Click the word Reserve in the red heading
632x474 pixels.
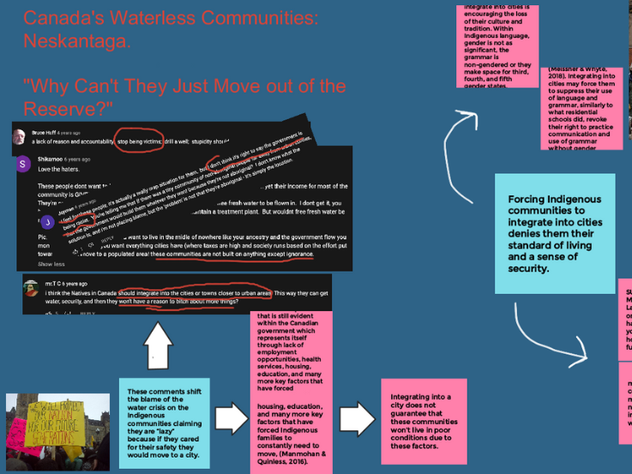[57, 109]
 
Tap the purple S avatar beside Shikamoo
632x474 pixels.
[23, 163]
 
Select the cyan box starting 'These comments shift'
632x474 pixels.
[165, 411]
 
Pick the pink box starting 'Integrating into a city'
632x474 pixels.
[424, 421]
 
